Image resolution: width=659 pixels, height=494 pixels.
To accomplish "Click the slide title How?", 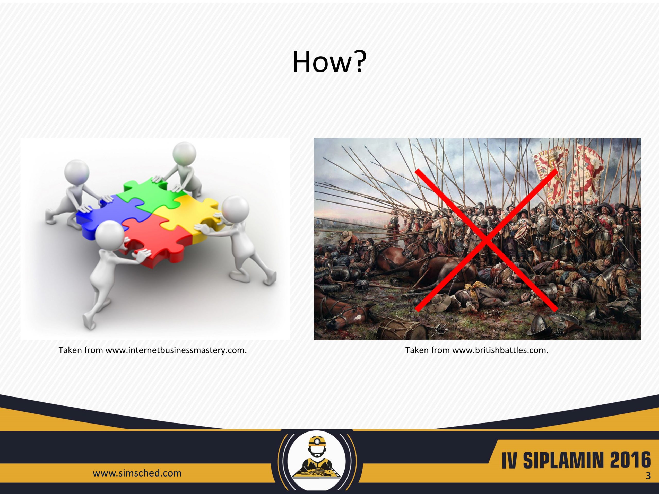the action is tap(329, 62).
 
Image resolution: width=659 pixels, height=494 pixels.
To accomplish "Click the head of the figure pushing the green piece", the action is tap(184, 153).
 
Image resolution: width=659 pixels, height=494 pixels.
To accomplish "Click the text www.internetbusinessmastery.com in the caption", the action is tap(176, 350).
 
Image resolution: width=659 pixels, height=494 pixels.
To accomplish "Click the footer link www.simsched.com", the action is tap(137, 473).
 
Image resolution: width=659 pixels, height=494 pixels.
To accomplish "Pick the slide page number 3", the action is tap(648, 483).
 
